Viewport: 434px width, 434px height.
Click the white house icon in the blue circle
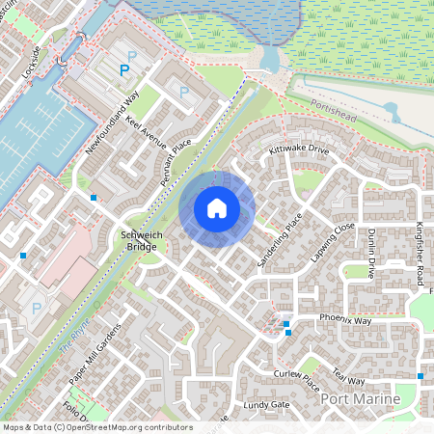coord(217,207)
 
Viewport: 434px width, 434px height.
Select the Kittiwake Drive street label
coord(299,150)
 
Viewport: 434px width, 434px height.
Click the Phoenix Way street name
coord(348,318)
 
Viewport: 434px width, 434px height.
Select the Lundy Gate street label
coord(267,405)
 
